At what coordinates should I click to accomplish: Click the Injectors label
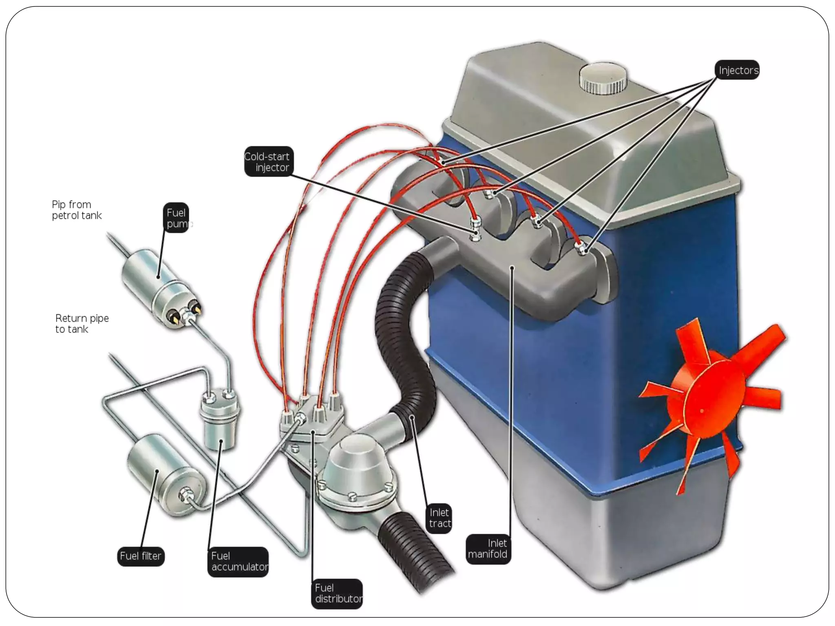pos(738,70)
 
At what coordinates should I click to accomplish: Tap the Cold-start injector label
pos(268,162)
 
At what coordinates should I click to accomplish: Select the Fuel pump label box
pos(177,218)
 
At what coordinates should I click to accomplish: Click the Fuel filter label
pos(141,556)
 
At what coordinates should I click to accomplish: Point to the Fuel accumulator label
pos(239,562)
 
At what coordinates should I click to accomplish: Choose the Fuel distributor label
pos(337,593)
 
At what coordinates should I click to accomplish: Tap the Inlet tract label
pos(440,518)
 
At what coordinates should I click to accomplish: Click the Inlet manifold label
pos(488,549)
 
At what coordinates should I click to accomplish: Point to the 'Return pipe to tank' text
pos(82,324)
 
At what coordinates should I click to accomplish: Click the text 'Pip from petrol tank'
pos(76,210)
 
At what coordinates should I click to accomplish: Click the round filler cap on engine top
pos(603,77)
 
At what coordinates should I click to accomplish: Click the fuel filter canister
pos(163,473)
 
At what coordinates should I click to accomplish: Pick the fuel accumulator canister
pos(219,424)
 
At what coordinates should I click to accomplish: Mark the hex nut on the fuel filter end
pos(185,496)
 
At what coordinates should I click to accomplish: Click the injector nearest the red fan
pos(581,247)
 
